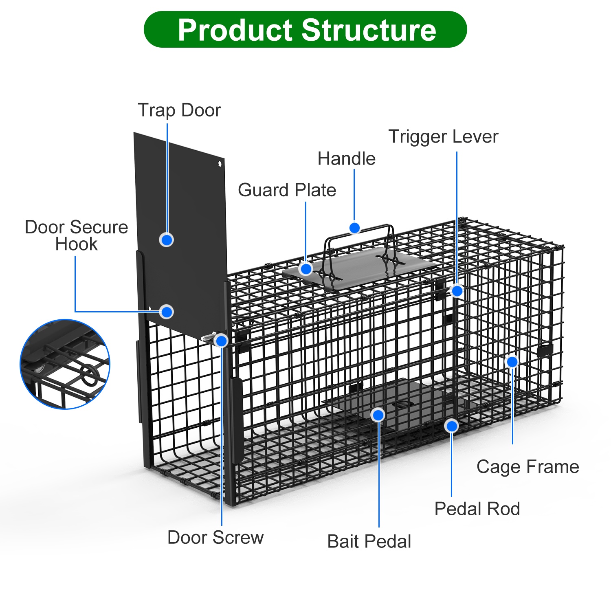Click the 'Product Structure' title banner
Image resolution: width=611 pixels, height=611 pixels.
(305, 29)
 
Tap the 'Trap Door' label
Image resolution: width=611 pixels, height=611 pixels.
(179, 110)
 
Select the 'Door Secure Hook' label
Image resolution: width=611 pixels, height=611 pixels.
(77, 235)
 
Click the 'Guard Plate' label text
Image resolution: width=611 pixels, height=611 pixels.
(287, 190)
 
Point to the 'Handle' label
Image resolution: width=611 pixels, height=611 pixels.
(346, 158)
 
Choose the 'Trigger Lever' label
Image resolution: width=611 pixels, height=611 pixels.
(443, 136)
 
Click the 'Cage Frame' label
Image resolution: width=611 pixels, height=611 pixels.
(527, 466)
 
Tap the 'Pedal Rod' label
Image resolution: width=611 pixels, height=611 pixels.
(477, 509)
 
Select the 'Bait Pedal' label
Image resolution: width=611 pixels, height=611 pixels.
(369, 541)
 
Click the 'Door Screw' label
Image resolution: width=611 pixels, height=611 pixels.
(215, 537)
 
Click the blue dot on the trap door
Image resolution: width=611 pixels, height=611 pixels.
(167, 240)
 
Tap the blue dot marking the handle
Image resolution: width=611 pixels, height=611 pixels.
(355, 228)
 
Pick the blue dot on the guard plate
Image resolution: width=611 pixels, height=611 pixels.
(306, 268)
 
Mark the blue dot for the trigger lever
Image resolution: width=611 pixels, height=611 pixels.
(457, 290)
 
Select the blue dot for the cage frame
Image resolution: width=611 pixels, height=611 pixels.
(512, 361)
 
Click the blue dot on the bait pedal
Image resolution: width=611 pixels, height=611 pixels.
(378, 415)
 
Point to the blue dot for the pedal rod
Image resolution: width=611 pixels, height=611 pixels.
(451, 426)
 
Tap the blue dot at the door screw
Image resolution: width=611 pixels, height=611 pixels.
(221, 341)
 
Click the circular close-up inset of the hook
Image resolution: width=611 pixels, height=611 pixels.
(65, 364)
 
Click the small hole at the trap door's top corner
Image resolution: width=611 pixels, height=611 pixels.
(220, 164)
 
